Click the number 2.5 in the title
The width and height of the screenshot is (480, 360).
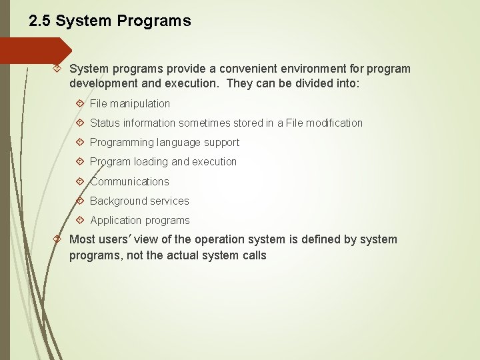pyautogui.click(x=40, y=21)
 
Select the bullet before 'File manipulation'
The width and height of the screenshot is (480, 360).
pyautogui.click(x=80, y=103)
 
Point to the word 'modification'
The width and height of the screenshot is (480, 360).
pyautogui.click(x=333, y=123)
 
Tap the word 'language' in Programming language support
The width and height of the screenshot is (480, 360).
pyautogui.click(x=178, y=142)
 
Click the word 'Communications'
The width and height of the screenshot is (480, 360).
pyautogui.click(x=129, y=181)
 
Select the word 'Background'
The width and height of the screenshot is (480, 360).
pyautogui.click(x=119, y=201)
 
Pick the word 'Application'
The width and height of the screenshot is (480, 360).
pyautogui.click(x=116, y=220)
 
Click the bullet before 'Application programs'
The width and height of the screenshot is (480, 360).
pyautogui.click(x=80, y=220)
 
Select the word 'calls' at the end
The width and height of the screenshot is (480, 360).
pyautogui.click(x=253, y=255)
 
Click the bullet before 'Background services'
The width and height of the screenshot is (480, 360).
pyautogui.click(x=80, y=201)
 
